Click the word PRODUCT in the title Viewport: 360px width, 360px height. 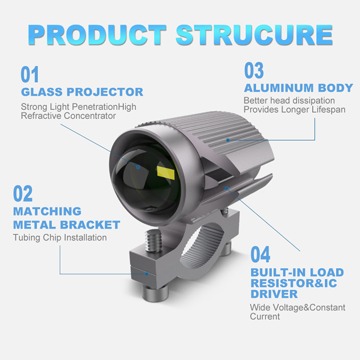point(99,34)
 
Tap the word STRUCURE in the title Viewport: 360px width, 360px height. point(254,34)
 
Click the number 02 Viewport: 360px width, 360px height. point(23,193)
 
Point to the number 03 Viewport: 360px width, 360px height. point(254,71)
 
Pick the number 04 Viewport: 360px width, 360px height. point(261,255)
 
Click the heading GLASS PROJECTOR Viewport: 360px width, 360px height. point(82,92)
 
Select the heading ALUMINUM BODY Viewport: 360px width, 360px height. point(298,88)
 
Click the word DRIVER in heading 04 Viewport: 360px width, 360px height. point(274,294)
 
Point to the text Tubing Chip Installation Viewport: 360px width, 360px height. point(60,237)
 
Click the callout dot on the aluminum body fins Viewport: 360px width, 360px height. point(228,140)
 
